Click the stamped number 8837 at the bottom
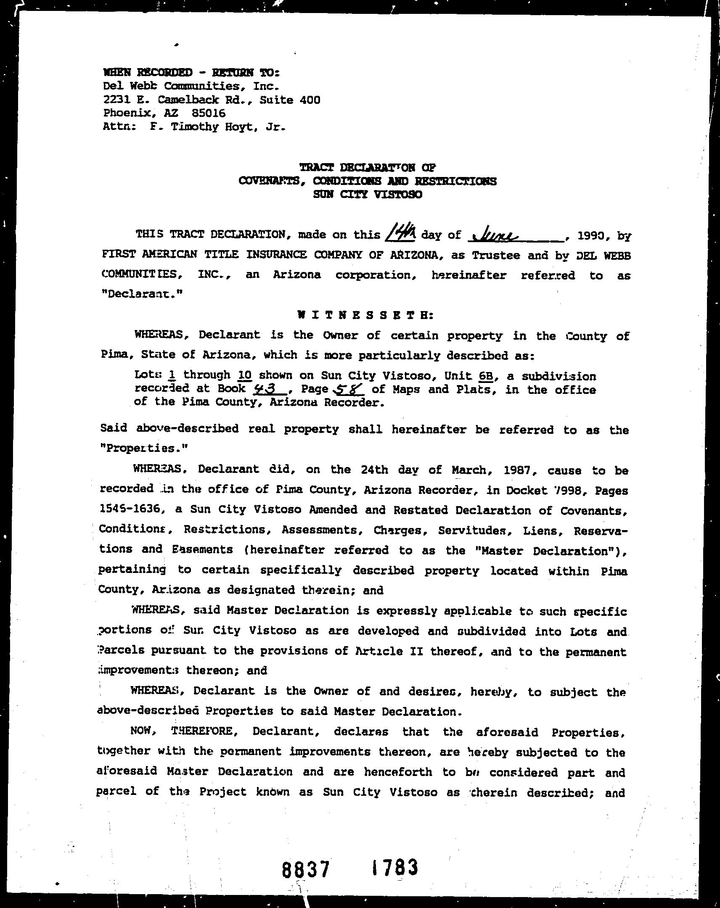pyautogui.click(x=305, y=869)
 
